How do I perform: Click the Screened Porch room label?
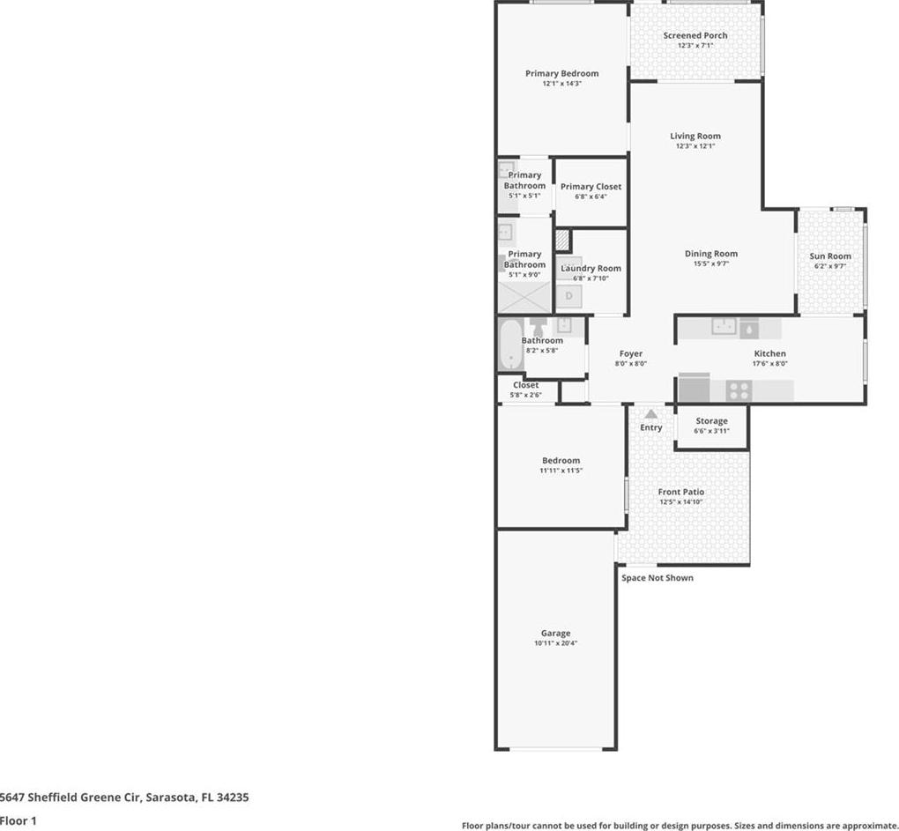(695, 35)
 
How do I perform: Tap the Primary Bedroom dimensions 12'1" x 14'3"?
(562, 83)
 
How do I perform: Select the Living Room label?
(695, 136)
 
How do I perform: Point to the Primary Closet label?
(591, 186)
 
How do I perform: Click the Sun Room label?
(829, 256)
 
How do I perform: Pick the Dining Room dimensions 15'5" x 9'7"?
(711, 263)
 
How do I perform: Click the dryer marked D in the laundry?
(569, 296)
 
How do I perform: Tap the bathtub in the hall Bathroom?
(510, 345)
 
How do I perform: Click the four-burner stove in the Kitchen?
(739, 391)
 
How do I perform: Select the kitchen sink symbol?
(724, 326)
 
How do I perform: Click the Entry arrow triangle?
(650, 414)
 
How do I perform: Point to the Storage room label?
(711, 420)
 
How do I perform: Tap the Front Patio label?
(681, 492)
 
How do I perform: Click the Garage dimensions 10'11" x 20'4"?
(555, 643)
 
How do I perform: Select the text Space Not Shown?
(657, 578)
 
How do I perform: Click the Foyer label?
(631, 353)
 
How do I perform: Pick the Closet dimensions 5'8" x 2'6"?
(526, 395)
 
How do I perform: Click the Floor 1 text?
(19, 820)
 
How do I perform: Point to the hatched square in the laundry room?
(563, 240)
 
